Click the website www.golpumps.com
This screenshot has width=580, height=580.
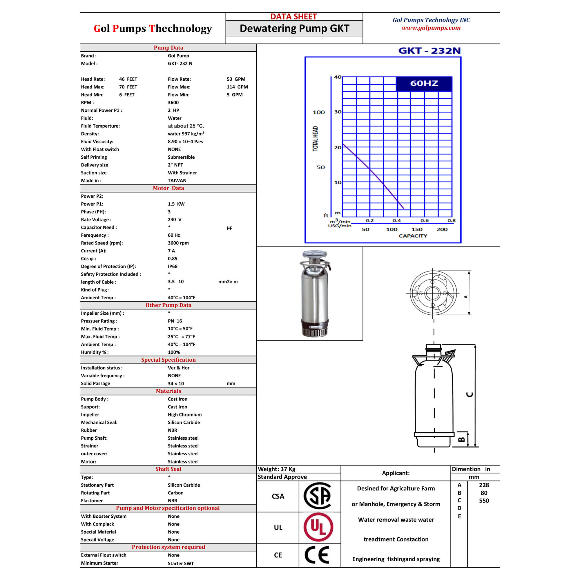coord(431,28)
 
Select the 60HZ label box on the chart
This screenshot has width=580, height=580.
coord(424,84)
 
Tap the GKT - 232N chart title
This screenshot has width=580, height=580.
coord(429,51)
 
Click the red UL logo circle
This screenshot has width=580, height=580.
coord(318,527)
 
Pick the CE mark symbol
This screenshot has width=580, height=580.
coord(317,555)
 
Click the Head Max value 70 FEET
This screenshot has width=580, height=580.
coord(128,87)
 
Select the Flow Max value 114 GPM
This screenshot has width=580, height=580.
coord(237,87)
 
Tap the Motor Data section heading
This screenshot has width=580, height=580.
coord(168,188)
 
